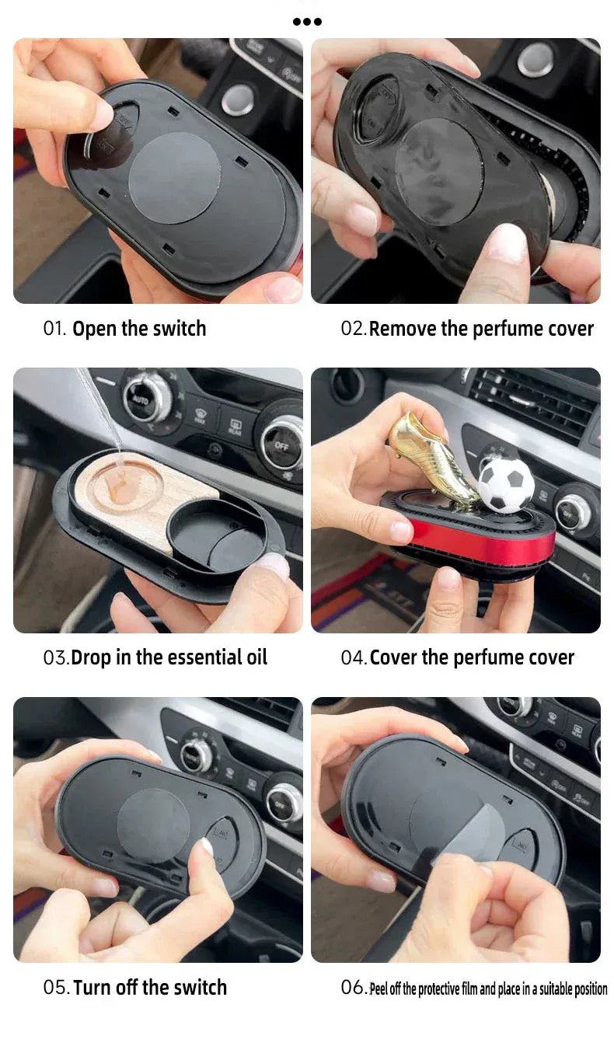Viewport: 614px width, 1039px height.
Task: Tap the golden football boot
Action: (433, 458)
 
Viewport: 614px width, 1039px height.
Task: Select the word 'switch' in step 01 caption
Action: (180, 329)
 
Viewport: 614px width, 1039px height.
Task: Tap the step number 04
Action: (354, 657)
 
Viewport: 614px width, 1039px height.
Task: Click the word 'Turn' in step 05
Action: (92, 988)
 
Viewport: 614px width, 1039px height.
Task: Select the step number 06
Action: (354, 987)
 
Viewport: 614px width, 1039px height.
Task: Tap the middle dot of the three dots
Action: (308, 21)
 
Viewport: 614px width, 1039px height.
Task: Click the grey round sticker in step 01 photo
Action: (174, 179)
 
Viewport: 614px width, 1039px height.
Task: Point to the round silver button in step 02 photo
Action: (535, 59)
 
